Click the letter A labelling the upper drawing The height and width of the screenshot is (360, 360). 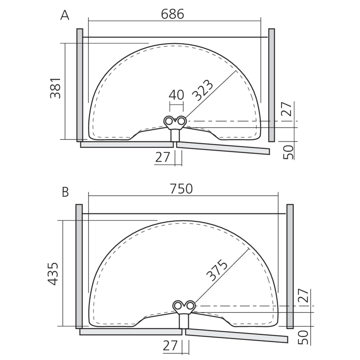coord(65,15)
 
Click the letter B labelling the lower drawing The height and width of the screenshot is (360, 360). coord(66,192)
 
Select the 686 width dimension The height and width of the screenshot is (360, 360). coord(172,14)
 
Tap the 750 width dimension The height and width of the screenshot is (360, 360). coord(181,189)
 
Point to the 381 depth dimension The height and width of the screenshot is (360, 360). coord(55,89)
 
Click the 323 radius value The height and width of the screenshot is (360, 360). coord(202,90)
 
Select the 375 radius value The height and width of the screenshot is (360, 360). coord(217,270)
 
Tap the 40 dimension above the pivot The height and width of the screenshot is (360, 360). coord(176,95)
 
